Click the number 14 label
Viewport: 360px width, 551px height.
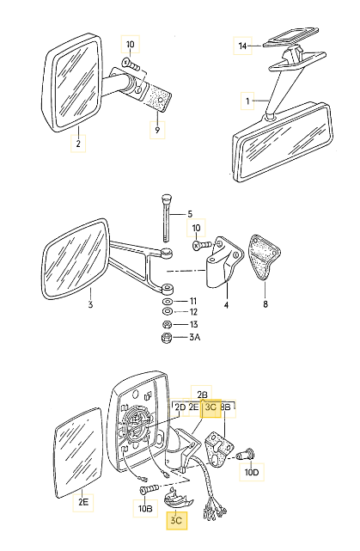[x=242, y=45]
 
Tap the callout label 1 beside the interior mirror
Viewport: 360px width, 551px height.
[x=247, y=101]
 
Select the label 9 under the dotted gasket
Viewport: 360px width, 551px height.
[x=156, y=130]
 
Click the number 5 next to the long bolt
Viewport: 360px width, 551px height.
[x=190, y=213]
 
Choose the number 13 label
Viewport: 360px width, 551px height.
[x=192, y=325]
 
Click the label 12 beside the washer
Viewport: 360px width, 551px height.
[x=192, y=311]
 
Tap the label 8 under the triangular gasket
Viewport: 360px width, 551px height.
[x=264, y=303]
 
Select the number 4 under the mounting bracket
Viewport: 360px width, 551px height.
[x=226, y=303]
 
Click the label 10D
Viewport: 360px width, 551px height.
[x=252, y=473]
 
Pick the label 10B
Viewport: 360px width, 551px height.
[x=144, y=508]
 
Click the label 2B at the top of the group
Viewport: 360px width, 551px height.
[x=203, y=391]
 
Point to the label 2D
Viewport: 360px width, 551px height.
[x=180, y=407]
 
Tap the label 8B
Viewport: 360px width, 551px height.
[x=227, y=407]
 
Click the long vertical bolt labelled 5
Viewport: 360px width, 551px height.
[x=165, y=219]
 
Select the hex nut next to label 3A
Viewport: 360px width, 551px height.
[x=167, y=339]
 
